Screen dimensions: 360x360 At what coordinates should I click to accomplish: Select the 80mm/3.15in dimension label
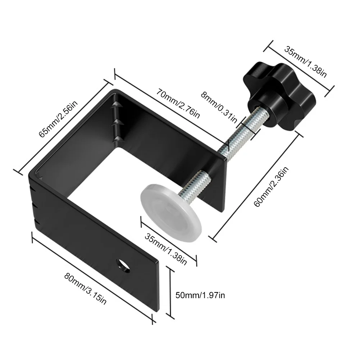pyautogui.click(x=86, y=288)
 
